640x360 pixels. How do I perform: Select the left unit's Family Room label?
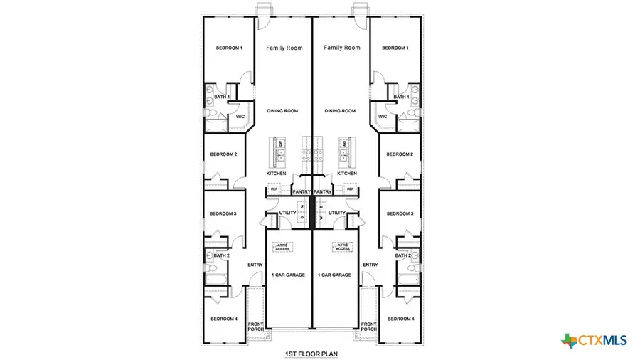pyautogui.click(x=284, y=48)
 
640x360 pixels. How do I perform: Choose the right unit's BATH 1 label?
pyautogui.click(x=400, y=97)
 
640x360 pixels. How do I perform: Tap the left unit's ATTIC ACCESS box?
pyautogui.click(x=285, y=247)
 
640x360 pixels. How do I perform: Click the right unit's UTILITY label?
pyautogui.click(x=337, y=213)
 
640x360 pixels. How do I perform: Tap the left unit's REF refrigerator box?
pyautogui.click(x=274, y=190)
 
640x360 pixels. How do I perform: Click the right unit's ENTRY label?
pyautogui.click(x=370, y=265)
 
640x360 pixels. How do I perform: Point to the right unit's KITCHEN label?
pyautogui.click(x=347, y=174)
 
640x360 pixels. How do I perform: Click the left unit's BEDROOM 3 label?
pyautogui.click(x=223, y=213)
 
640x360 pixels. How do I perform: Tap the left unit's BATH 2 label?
pyautogui.click(x=223, y=255)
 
